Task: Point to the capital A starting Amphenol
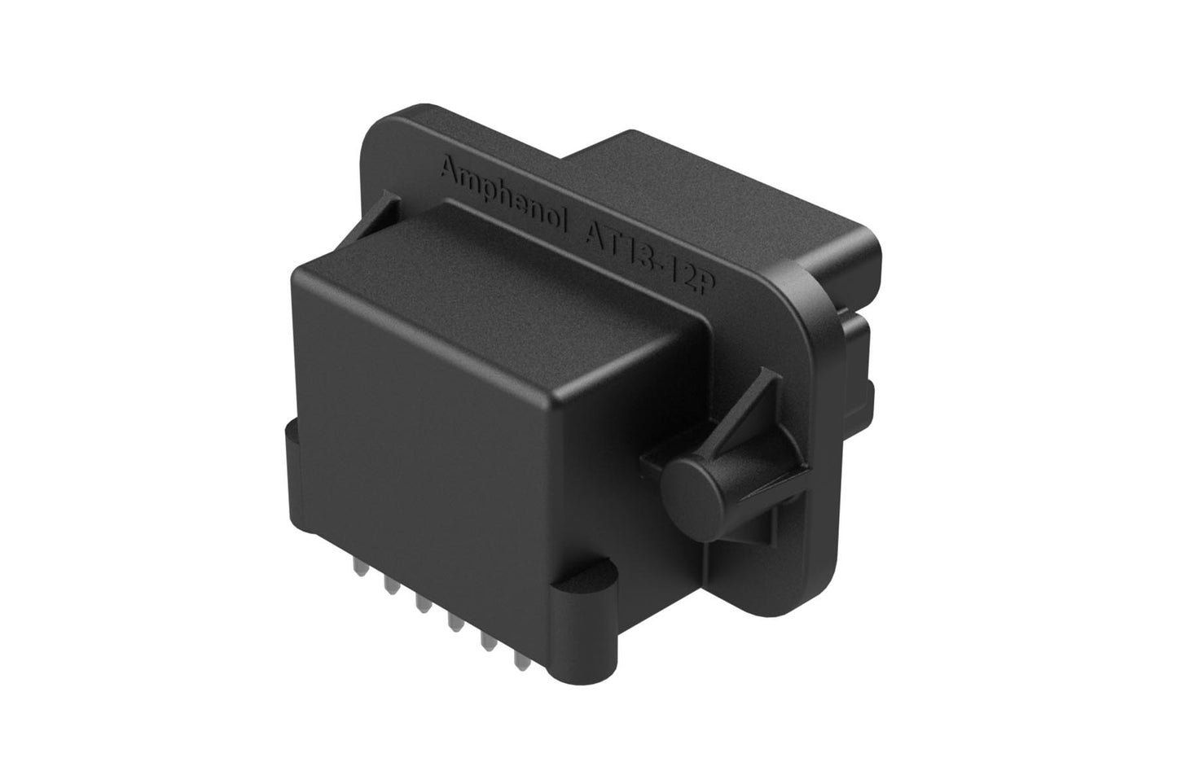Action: [x=447, y=170]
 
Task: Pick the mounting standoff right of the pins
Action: [x=579, y=602]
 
